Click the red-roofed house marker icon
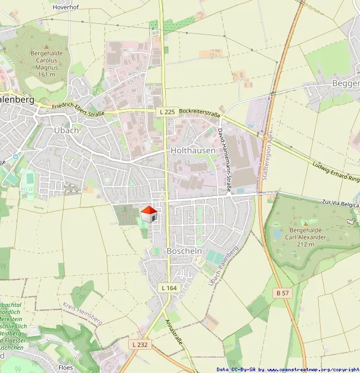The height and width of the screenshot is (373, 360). pyautogui.click(x=148, y=215)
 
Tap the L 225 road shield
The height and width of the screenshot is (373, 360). pyautogui.click(x=167, y=111)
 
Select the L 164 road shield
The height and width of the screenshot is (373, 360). pyautogui.click(x=169, y=288)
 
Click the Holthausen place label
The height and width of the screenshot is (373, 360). pyautogui.click(x=193, y=151)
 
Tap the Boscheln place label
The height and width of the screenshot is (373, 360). pyautogui.click(x=184, y=251)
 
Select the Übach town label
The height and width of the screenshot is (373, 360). pyautogui.click(x=66, y=130)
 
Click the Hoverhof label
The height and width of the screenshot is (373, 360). pyautogui.click(x=67, y=7)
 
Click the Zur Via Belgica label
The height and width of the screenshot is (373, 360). pyautogui.click(x=339, y=204)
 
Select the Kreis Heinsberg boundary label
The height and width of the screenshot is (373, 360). pyautogui.click(x=82, y=313)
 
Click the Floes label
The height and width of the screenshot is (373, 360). pyautogui.click(x=66, y=368)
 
